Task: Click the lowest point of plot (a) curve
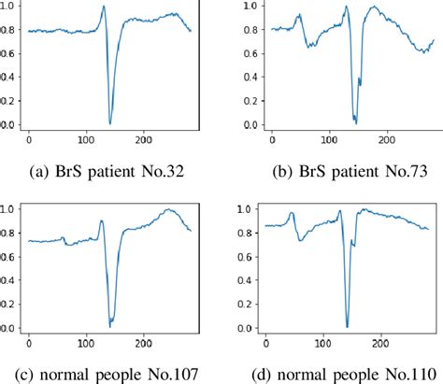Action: click(x=110, y=123)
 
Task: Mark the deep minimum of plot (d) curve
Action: click(x=347, y=326)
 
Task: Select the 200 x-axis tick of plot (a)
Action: click(x=143, y=140)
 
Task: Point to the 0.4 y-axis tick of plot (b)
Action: click(x=250, y=77)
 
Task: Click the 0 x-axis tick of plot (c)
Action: click(x=29, y=344)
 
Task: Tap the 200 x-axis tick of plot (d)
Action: click(x=384, y=344)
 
